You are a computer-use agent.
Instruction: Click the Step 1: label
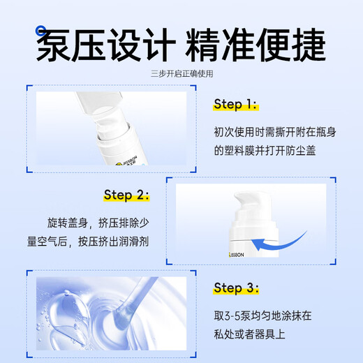tap(236, 104)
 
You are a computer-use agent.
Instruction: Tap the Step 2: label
tap(126, 195)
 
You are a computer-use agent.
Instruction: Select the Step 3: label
tap(236, 288)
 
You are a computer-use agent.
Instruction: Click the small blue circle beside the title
tap(41, 31)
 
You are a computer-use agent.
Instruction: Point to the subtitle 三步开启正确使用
tap(181, 74)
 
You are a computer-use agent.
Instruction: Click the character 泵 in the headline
tap(53, 45)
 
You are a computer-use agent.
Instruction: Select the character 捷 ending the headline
tap(309, 45)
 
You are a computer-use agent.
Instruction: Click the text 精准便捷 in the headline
tap(255, 45)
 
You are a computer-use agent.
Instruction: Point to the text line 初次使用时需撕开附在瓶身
tap(275, 132)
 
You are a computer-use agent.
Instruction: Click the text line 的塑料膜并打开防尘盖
tap(265, 151)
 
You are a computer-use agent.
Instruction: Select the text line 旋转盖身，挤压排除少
tap(98, 223)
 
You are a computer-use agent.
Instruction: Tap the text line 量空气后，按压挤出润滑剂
tap(88, 242)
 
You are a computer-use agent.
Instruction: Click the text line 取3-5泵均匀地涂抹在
tap(262, 316)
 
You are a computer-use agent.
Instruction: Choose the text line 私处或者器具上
tap(249, 334)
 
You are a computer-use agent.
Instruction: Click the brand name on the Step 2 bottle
tap(237, 255)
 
